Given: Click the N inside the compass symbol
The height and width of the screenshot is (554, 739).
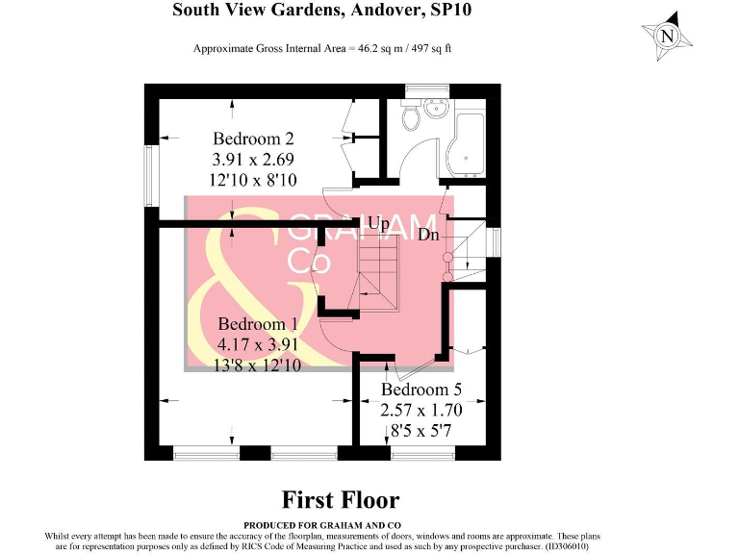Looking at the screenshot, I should coord(667,38).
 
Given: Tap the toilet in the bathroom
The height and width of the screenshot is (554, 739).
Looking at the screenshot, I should coord(411,116).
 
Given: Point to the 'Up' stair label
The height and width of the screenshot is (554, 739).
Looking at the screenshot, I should coord(378,224).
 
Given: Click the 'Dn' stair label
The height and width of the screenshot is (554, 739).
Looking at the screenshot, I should coord(428,233).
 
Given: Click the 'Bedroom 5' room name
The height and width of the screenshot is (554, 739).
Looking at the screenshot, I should coord(421,390).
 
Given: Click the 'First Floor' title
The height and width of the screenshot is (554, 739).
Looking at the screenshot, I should coord(340,499).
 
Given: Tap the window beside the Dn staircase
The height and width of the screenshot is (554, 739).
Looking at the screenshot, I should coord(496,242).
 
